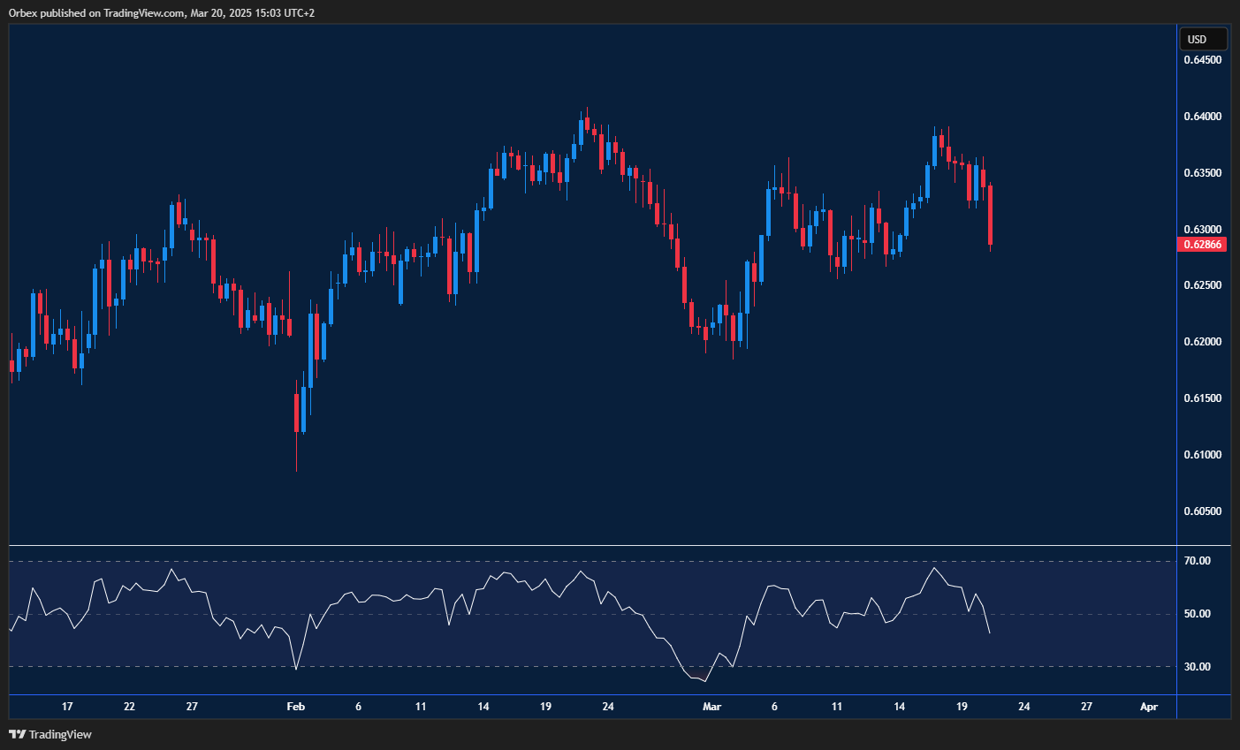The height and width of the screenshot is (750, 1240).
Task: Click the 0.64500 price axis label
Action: pyautogui.click(x=1202, y=60)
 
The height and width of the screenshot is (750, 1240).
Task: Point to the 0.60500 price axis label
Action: pyautogui.click(x=1202, y=511)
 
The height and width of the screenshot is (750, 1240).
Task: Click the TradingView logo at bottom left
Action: pyautogui.click(x=50, y=734)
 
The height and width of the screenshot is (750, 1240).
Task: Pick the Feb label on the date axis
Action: pyautogui.click(x=296, y=707)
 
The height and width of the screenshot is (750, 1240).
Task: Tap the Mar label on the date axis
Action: pyautogui.click(x=711, y=707)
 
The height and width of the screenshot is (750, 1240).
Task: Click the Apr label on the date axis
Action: pyautogui.click(x=1148, y=707)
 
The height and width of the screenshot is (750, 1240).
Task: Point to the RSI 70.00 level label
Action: pyautogui.click(x=1198, y=561)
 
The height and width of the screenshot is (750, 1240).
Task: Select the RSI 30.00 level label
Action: pyautogui.click(x=1198, y=667)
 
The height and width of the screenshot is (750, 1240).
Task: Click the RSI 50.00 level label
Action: pyautogui.click(x=1198, y=614)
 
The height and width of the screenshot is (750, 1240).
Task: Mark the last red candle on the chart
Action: pyautogui.click(x=991, y=215)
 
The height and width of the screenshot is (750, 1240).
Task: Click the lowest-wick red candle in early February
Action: pyautogui.click(x=296, y=413)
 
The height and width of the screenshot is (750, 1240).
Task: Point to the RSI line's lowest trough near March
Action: pyautogui.click(x=704, y=681)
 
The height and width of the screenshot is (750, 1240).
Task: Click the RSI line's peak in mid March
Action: pyautogui.click(x=934, y=568)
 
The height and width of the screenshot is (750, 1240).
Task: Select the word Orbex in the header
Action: pyautogui.click(x=21, y=13)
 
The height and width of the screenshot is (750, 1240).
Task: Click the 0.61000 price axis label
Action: pyautogui.click(x=1202, y=455)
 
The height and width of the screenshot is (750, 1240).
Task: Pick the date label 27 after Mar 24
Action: pyautogui.click(x=1086, y=707)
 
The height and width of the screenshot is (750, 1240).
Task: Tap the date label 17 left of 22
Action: pyautogui.click(x=67, y=707)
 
